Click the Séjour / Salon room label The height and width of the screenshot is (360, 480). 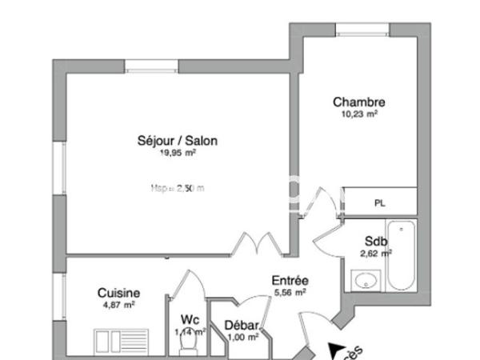tap(177, 141)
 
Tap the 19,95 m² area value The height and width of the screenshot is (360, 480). tap(177, 153)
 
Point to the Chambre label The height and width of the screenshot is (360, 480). tap(359, 102)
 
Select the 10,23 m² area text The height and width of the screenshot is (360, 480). tap(359, 114)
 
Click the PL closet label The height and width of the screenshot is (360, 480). tap(379, 202)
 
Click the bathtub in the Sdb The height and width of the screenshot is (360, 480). tap(402, 254)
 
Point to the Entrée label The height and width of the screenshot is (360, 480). tap(290, 281)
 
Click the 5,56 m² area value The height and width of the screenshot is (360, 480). tap(290, 292)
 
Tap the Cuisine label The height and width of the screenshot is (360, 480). tap(118, 293)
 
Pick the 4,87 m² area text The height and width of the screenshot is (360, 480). tap(118, 305)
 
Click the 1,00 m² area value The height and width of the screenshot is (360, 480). tap(241, 337)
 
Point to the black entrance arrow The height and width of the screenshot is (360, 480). tap(338, 350)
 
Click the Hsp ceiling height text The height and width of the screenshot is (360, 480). tap(177, 189)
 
